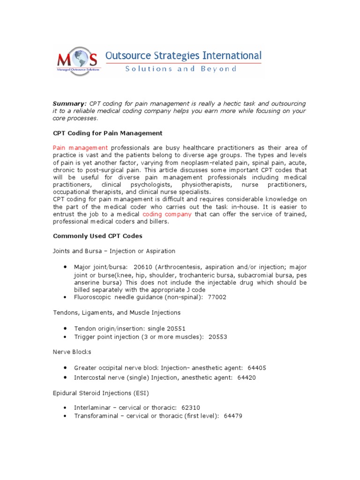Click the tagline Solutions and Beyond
(x=180, y=69)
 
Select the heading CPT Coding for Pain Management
(x=108, y=133)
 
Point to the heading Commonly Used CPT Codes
(x=97, y=236)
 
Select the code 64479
(x=233, y=416)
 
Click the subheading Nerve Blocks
(x=72, y=352)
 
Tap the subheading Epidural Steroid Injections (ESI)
(x=101, y=392)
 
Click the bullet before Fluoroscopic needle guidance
(x=64, y=297)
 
